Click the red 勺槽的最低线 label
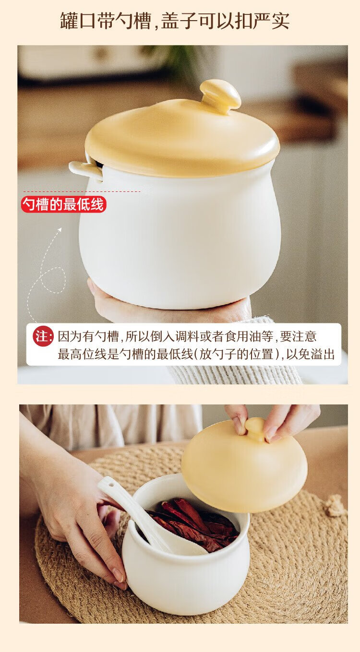pos(63,205)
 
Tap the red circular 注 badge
pos(43,336)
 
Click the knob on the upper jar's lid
pos(221,95)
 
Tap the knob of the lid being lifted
pos(255,429)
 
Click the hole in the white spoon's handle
pos(110,485)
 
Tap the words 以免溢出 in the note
pos(310,355)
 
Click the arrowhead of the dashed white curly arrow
pos(60,230)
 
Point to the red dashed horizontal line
pos(82,191)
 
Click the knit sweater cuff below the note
pos(233,374)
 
